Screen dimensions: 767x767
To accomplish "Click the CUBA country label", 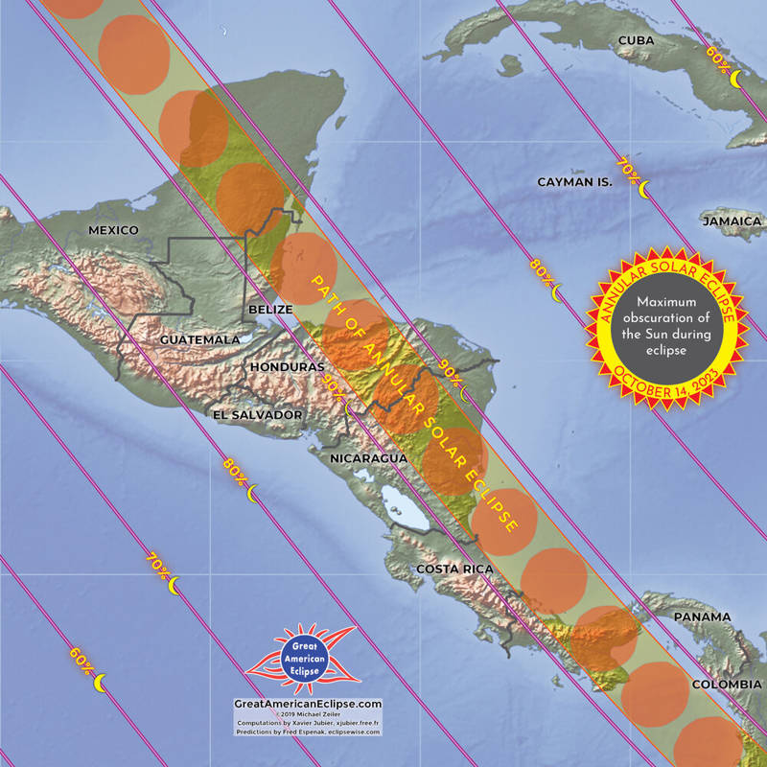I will coord(636,39).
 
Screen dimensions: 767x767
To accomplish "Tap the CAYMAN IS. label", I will coord(574,181).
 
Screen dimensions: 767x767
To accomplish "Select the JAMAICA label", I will coord(731,221).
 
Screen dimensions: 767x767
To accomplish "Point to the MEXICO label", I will coord(113,230).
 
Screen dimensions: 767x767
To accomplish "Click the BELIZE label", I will coord(268,310).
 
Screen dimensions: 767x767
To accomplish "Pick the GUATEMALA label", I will coord(199,340).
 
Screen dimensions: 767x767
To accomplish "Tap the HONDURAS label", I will coord(286,367).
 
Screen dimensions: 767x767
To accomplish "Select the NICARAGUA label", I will coord(369,459).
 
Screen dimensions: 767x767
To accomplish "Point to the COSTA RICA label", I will coord(454,569).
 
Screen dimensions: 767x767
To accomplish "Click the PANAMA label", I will coord(702,616).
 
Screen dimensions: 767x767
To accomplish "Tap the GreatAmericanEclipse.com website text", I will coord(308,703).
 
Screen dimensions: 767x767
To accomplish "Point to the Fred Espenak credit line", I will coord(308,732).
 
